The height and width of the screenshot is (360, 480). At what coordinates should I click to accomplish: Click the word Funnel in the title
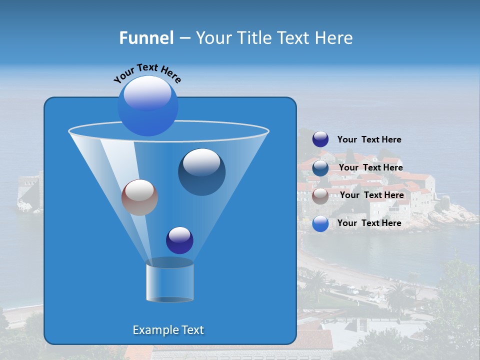tap(146, 38)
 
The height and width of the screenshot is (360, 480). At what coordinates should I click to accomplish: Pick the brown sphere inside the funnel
tap(139, 197)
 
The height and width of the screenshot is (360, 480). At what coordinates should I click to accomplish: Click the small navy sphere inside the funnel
tap(179, 240)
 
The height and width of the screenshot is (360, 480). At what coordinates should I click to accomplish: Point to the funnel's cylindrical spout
tap(169, 281)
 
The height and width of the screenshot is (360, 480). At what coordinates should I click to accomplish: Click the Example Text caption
tap(168, 330)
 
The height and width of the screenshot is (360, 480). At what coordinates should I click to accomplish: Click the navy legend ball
tap(320, 139)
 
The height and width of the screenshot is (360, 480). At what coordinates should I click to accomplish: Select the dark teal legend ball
tap(320, 168)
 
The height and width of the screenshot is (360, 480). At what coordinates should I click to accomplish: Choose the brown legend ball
tap(320, 196)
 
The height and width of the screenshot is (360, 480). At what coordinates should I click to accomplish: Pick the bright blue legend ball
tap(320, 224)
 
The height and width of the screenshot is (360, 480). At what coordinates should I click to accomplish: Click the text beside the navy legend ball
tap(369, 140)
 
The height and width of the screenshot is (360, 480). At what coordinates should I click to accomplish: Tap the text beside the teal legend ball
tap(370, 167)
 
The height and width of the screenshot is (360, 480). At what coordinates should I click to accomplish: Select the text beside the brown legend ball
tap(371, 195)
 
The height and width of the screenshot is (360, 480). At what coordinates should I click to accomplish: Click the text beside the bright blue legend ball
tap(369, 223)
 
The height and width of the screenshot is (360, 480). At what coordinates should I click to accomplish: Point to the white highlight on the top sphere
tap(147, 92)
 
